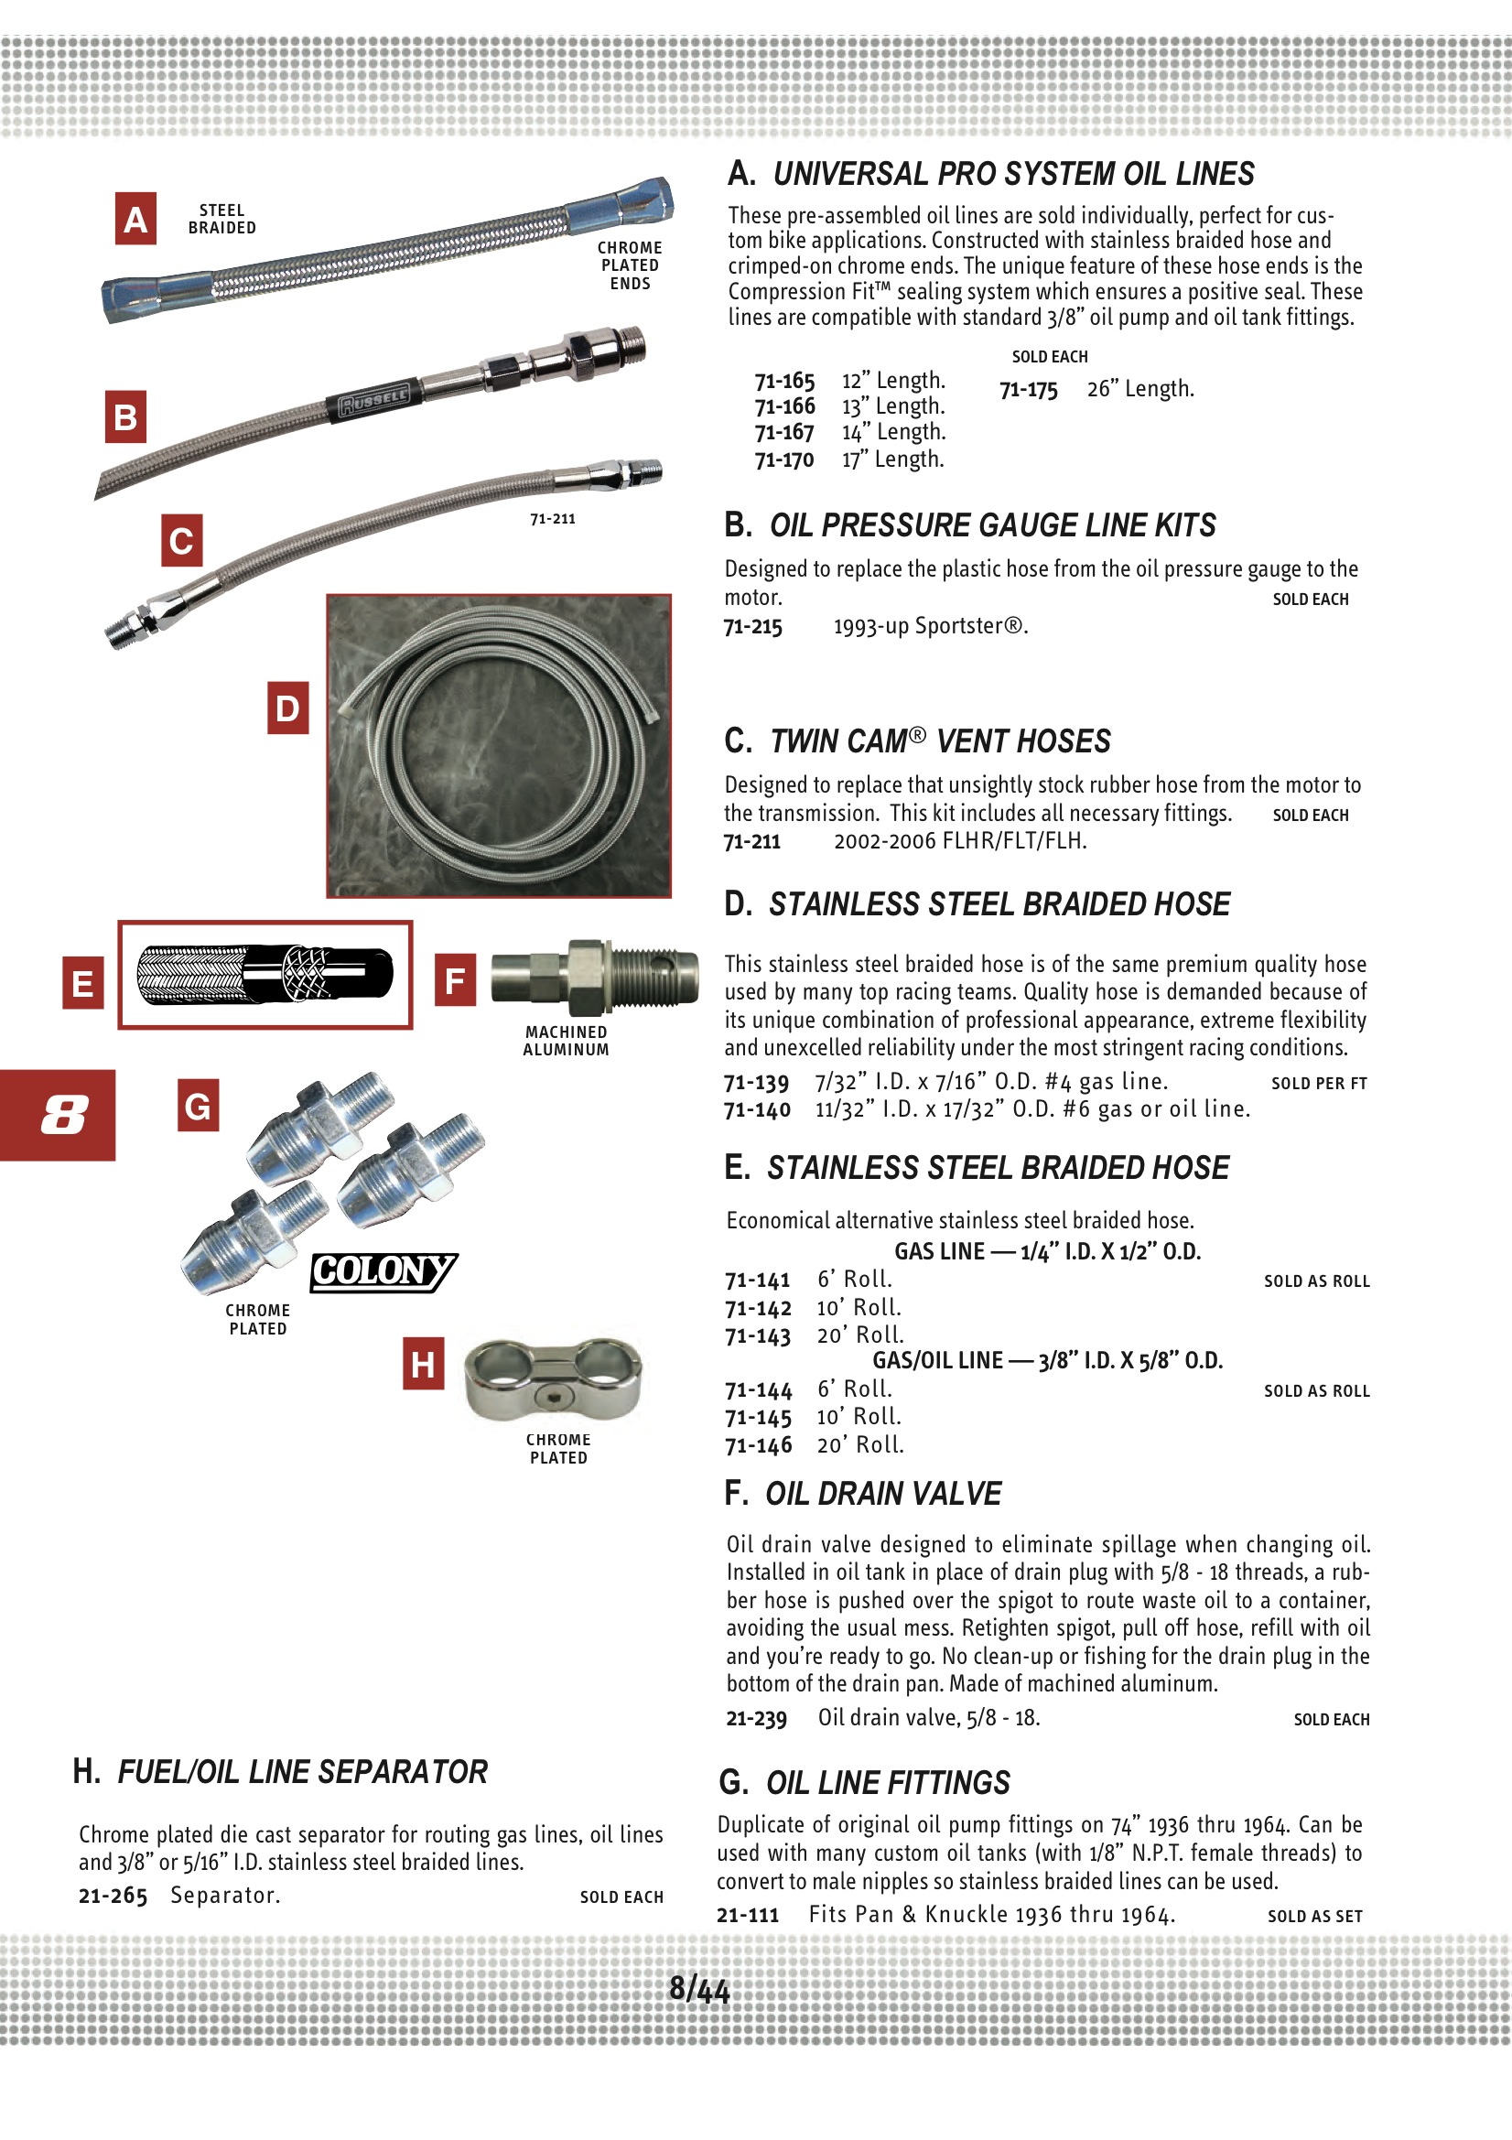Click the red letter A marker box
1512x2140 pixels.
click(135, 219)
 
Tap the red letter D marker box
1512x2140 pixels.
click(287, 708)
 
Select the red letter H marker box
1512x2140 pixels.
click(423, 1363)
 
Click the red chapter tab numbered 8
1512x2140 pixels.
click(59, 1114)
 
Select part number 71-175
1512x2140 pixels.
click(1028, 390)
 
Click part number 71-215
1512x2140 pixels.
click(753, 626)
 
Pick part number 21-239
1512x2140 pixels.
click(756, 1718)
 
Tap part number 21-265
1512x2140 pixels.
click(113, 1896)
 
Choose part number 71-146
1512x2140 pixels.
click(758, 1445)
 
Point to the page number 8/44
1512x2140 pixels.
click(699, 1989)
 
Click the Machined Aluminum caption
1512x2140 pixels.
click(566, 1040)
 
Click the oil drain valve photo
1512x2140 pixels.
click(595, 977)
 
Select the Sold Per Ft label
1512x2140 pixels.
click(1318, 1083)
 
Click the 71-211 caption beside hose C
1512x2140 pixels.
click(553, 519)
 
